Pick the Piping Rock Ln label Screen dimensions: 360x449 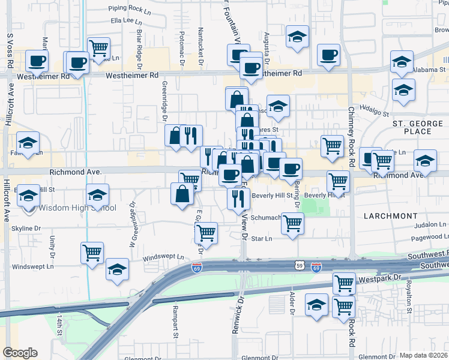130,9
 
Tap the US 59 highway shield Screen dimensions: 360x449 300,265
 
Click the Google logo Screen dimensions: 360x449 20,353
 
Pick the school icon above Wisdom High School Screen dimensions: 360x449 28,195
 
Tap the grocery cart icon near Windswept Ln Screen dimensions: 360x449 92,253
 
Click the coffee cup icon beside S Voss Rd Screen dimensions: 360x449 37,60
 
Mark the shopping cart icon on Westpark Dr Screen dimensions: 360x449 343,283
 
